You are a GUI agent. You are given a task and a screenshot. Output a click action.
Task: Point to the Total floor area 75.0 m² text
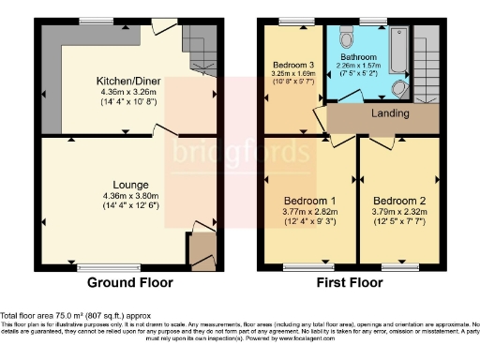pyautogui.click(x=75, y=316)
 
